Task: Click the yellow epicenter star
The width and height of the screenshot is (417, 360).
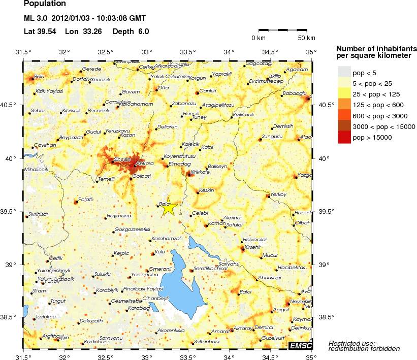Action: (x=169, y=207)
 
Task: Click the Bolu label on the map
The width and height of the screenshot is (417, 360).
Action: (x=39, y=77)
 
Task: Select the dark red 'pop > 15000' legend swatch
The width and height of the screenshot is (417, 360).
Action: (x=344, y=138)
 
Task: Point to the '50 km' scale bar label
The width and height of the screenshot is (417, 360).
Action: (x=306, y=38)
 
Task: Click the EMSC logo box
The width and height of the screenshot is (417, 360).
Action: (x=301, y=346)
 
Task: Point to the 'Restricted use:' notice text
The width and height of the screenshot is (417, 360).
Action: (x=351, y=343)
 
